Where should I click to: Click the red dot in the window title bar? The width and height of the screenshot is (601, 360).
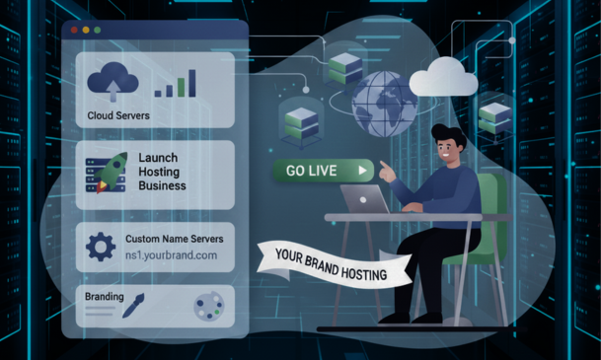click(x=74, y=30)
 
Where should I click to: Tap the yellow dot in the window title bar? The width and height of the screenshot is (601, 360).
click(x=86, y=30)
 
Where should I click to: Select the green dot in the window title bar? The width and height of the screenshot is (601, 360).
click(x=98, y=30)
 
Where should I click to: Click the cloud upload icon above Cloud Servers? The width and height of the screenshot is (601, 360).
click(x=113, y=82)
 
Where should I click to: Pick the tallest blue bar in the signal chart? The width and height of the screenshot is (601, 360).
click(x=192, y=83)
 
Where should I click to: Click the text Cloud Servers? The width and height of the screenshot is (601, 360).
click(x=118, y=115)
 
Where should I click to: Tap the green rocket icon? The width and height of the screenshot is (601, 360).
click(x=112, y=172)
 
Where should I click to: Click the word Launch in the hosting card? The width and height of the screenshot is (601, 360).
click(x=158, y=158)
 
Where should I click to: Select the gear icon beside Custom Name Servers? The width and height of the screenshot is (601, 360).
click(x=101, y=247)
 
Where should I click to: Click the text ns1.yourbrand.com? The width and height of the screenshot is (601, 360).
click(x=171, y=255)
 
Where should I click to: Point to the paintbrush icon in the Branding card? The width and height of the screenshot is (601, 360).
click(x=133, y=305)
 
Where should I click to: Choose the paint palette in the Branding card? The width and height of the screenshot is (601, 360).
click(x=209, y=305)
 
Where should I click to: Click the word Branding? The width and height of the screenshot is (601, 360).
click(x=105, y=297)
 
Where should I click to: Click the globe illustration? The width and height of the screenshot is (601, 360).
click(x=384, y=104)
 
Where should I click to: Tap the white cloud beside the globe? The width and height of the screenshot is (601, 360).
click(x=443, y=77)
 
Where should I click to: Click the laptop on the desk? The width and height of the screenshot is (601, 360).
click(x=365, y=199)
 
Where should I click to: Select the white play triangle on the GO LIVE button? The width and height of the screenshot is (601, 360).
click(x=362, y=171)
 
